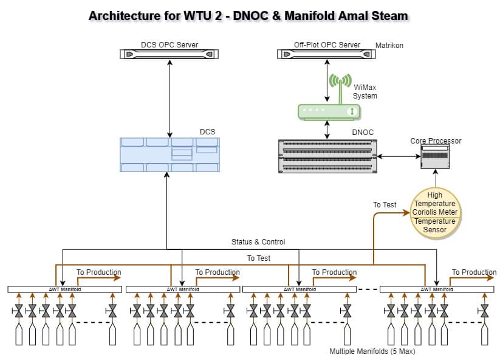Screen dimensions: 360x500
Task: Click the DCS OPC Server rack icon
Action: coord(170,54)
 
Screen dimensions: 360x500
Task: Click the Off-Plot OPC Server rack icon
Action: coord(327,54)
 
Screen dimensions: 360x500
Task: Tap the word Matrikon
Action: coord(389,46)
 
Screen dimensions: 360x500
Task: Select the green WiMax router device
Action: coord(329,111)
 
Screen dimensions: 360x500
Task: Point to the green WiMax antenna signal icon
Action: coord(340,81)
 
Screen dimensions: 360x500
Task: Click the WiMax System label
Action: coord(365,92)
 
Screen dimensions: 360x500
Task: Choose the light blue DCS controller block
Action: coord(170,154)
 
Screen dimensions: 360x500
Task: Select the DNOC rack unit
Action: coord(327,154)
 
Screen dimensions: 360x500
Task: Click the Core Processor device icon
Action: coord(436,157)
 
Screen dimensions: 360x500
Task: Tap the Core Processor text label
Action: coord(436,141)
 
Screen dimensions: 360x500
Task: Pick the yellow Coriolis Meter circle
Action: coord(435,212)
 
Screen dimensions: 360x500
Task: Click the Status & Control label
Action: coord(258,242)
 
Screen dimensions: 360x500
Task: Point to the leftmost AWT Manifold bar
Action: coord(65,289)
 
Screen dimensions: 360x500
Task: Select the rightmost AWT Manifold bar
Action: coord(437,289)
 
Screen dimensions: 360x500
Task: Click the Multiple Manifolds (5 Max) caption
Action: coord(372,351)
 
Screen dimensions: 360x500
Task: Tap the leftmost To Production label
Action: coord(98,272)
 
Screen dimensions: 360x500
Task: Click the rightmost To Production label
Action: coord(474,272)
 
